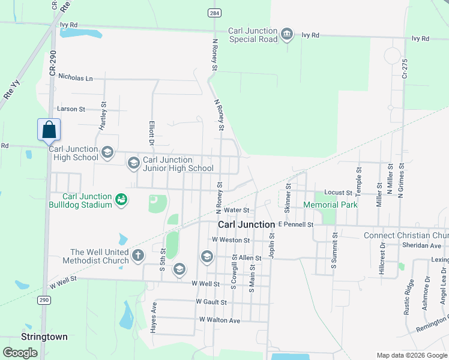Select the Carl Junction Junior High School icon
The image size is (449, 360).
click(x=133, y=162)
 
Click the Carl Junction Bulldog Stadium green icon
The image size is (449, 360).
click(x=121, y=199)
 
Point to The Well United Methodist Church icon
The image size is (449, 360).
click(x=138, y=255)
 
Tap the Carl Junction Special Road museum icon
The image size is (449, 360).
click(x=287, y=34)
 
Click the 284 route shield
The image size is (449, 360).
click(x=214, y=13)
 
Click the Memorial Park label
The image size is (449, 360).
click(x=330, y=205)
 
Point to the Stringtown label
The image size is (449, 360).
click(x=44, y=337)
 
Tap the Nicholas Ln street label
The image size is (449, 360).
click(x=76, y=78)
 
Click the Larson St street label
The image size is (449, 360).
click(x=71, y=109)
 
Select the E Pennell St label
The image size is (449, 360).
click(x=295, y=224)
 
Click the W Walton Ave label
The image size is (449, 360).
click(x=220, y=320)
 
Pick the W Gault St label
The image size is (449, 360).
click(x=211, y=302)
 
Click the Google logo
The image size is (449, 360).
click(x=20, y=352)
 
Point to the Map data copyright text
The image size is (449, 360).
click(x=411, y=355)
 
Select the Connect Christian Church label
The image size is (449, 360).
click(x=406, y=235)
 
